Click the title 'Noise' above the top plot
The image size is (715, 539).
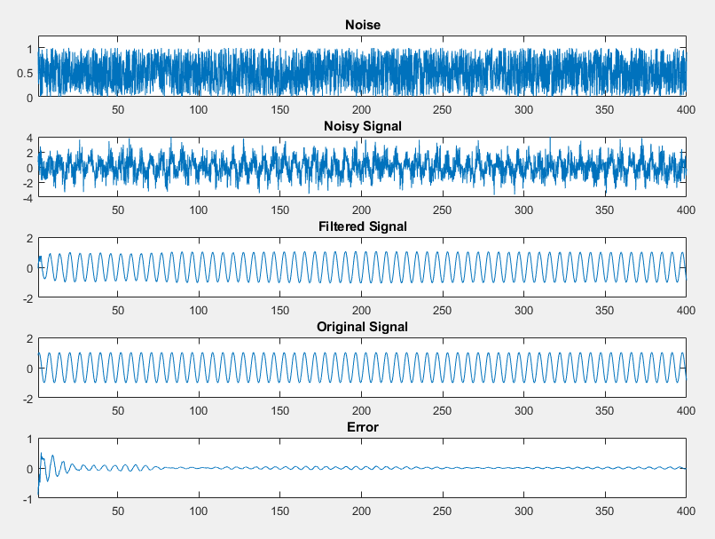point(362,25)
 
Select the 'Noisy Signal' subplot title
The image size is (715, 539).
point(362,126)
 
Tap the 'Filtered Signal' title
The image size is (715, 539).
point(362,226)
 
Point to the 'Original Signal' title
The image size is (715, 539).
point(362,327)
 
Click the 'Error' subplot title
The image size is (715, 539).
point(362,427)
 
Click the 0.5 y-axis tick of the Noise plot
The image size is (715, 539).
point(25,73)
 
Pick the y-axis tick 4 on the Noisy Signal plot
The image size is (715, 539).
point(29,139)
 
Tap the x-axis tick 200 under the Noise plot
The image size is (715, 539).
point(361,109)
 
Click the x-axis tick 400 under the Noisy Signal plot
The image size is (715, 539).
point(685,210)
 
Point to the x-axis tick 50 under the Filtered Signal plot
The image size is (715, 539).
point(118,311)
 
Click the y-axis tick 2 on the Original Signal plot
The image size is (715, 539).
point(29,339)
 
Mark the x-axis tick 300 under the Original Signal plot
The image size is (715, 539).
point(523,411)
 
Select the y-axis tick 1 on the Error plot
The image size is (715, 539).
point(29,440)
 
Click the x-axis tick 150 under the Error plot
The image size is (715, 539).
point(280,511)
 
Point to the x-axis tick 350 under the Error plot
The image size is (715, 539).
point(604,511)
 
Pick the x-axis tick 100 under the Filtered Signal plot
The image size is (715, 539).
point(199,311)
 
